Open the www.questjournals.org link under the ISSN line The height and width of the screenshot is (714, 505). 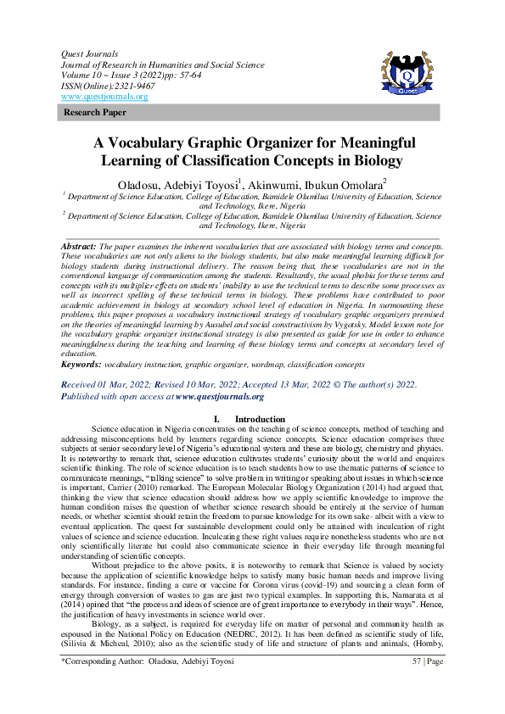click(104, 97)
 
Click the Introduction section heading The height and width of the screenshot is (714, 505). click(260, 419)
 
